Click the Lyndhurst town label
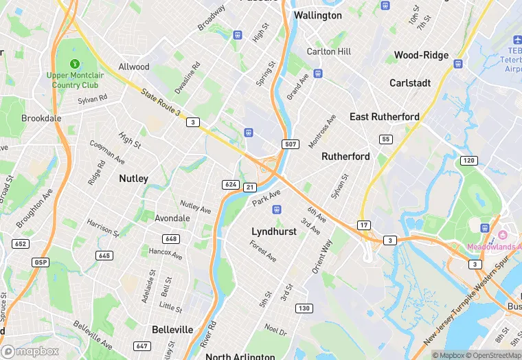[x=274, y=232]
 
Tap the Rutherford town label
[x=345, y=156]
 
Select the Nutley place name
[x=133, y=178]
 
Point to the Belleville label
[x=172, y=329]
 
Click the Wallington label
[x=317, y=15]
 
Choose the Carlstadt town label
[x=410, y=82]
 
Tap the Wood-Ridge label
[x=421, y=55]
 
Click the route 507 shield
[x=289, y=144]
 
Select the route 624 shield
[x=230, y=184]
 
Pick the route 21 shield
[x=250, y=187]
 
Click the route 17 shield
[x=364, y=225]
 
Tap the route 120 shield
[x=468, y=160]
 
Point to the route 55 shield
[x=386, y=139]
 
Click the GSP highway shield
[x=41, y=262]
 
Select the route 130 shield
[x=304, y=308]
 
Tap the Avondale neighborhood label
[x=172, y=218]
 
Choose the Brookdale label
[x=41, y=118]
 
